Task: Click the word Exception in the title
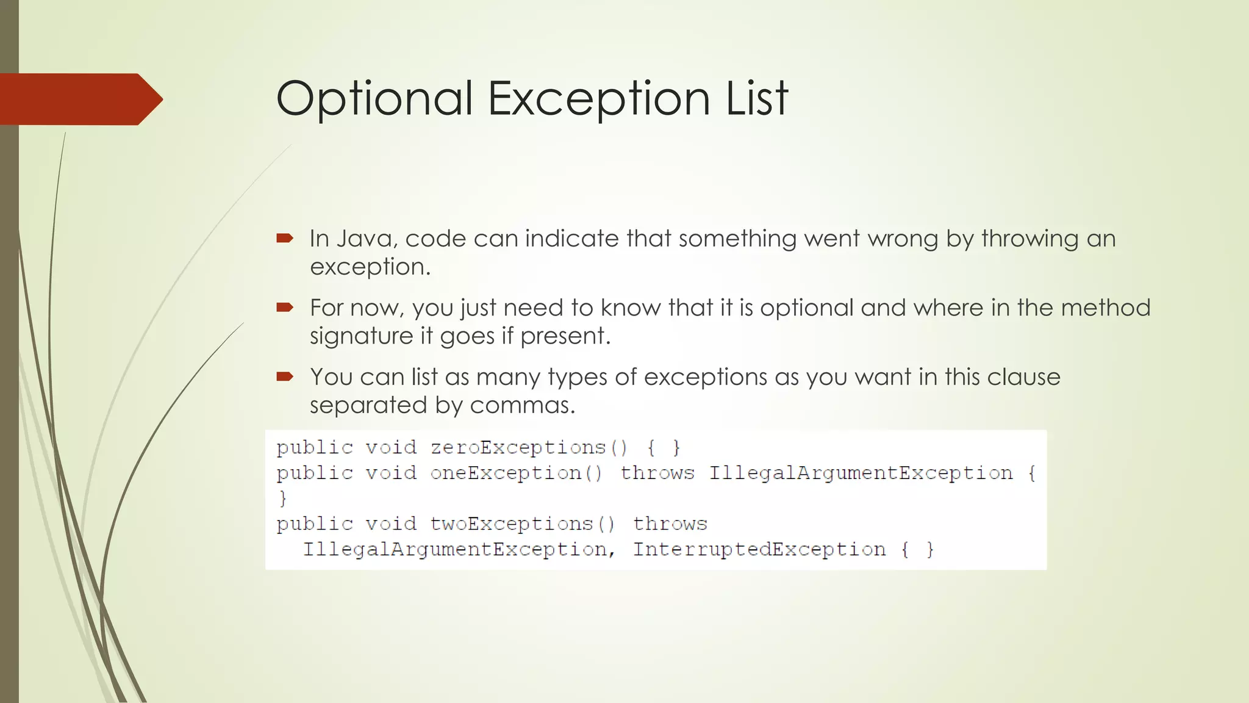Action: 599,99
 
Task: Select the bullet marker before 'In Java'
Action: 285,238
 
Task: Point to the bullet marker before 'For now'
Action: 285,308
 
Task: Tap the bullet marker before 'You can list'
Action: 285,377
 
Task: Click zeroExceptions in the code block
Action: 518,448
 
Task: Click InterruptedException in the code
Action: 759,550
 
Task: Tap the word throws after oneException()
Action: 657,474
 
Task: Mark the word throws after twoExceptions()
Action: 670,524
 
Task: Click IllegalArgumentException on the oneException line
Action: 861,474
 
